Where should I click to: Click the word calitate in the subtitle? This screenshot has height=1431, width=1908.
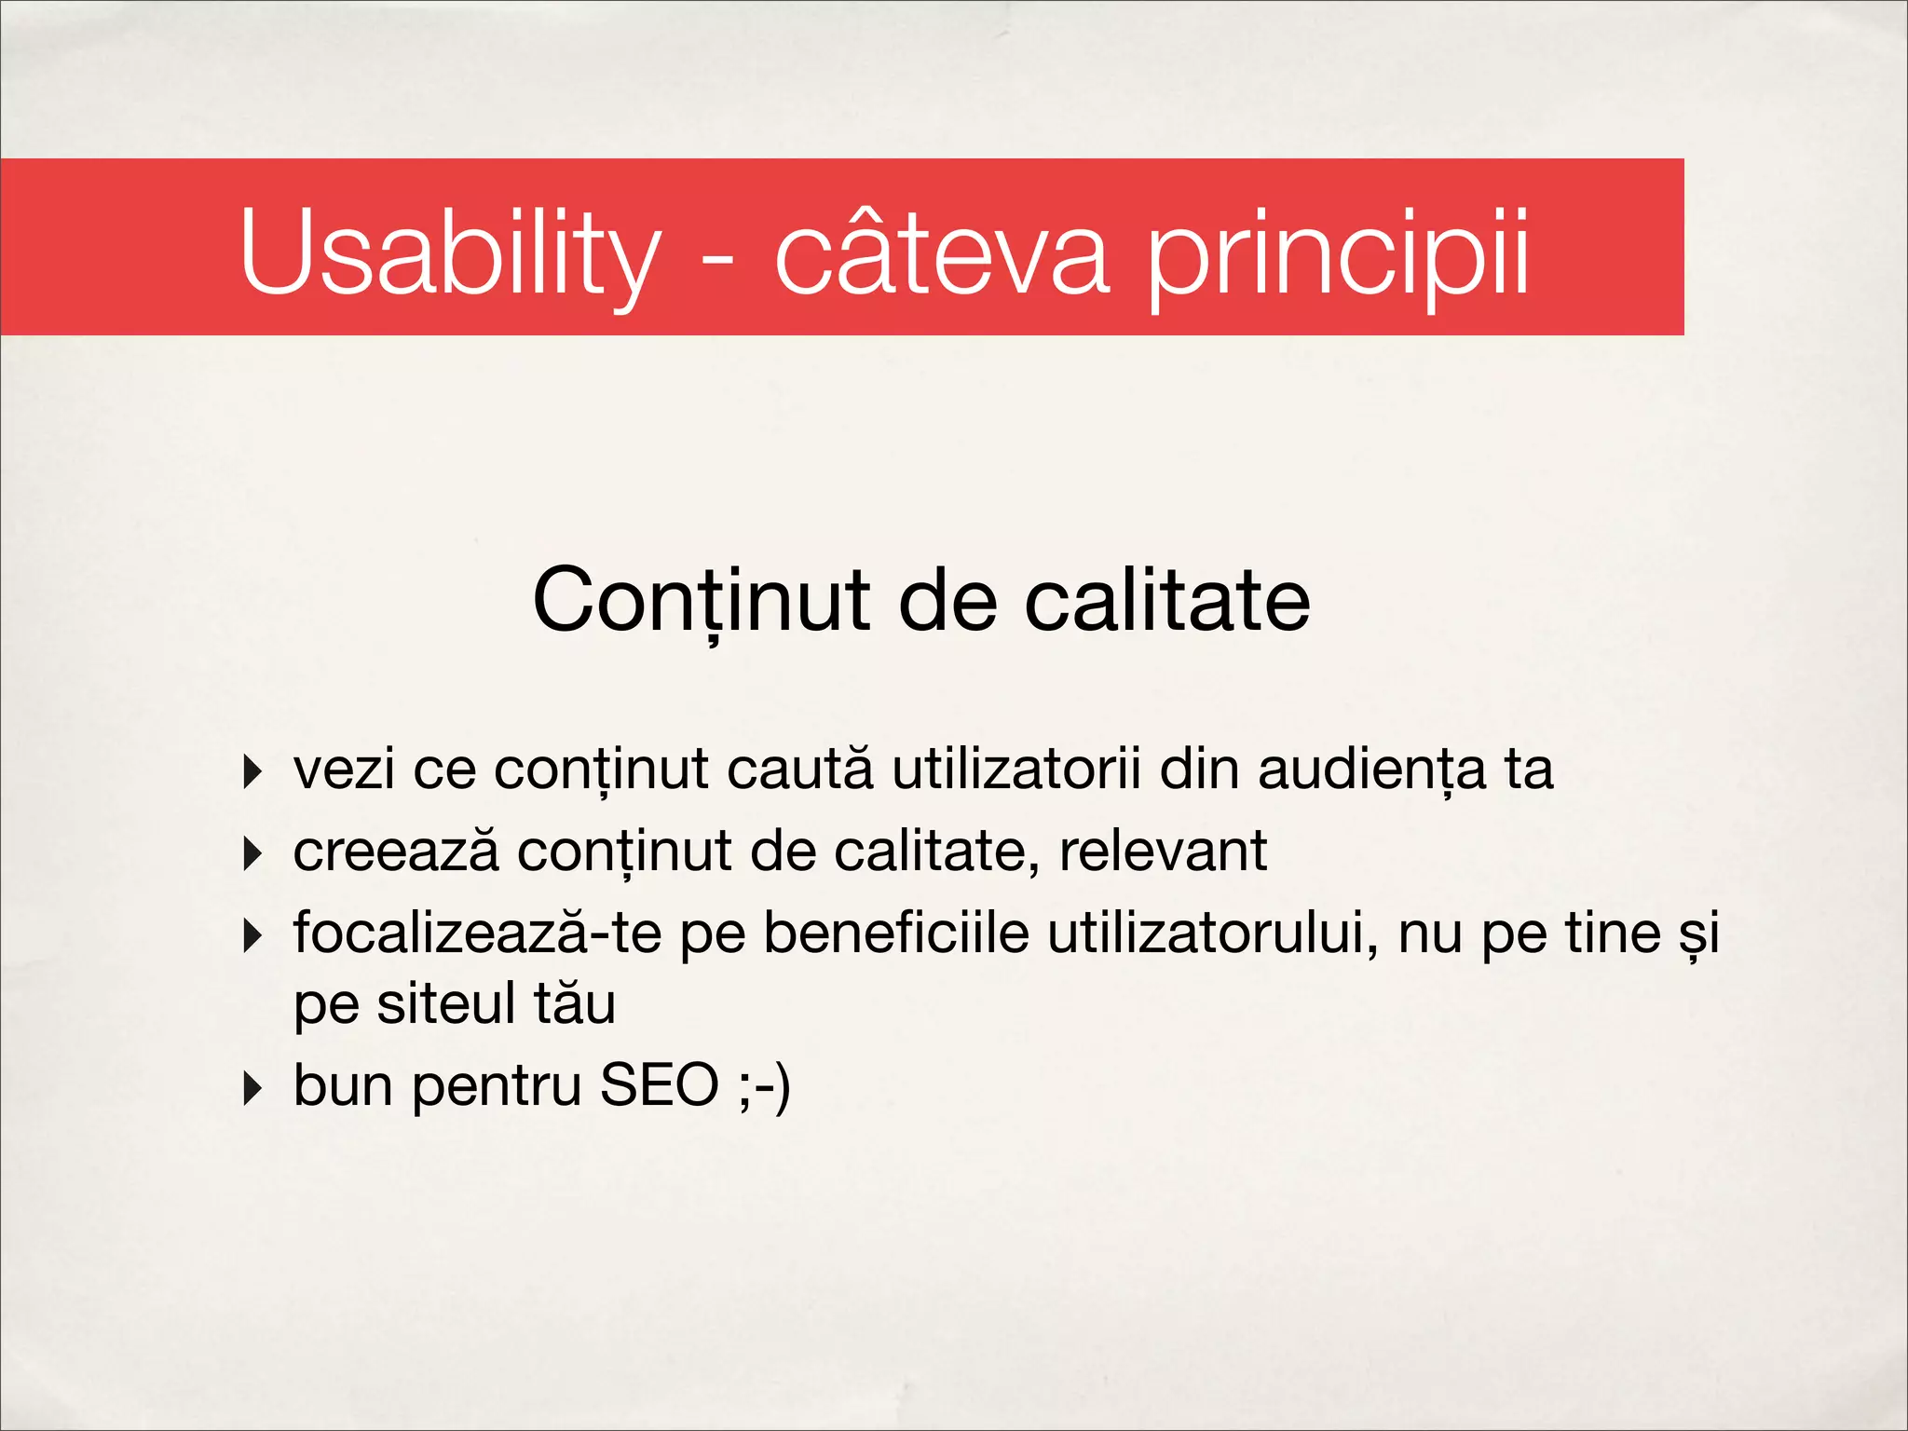point(1167,601)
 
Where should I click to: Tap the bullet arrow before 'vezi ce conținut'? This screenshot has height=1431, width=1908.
point(251,771)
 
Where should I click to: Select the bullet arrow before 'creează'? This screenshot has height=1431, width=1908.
point(251,852)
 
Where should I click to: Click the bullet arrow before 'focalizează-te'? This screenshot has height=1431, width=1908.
point(251,934)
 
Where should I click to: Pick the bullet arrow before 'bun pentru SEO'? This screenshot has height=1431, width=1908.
point(251,1087)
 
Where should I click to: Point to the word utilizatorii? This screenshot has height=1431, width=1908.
point(1015,770)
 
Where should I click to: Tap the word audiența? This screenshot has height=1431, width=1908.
point(1371,770)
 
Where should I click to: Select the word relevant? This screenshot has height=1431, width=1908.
point(1163,852)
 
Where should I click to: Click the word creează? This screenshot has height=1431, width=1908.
point(396,852)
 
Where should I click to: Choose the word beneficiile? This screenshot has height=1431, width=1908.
point(896,934)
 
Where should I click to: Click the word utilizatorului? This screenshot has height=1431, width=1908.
point(1212,934)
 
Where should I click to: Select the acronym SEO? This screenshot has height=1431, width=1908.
point(659,1085)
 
